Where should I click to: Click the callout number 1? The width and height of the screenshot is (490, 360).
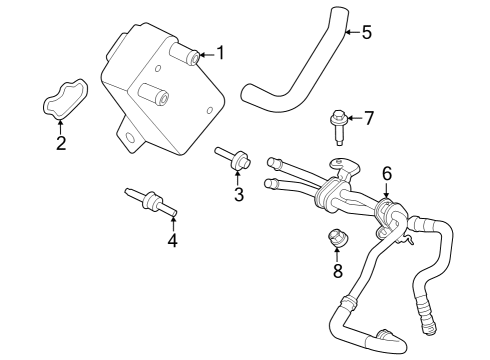pos(221,53)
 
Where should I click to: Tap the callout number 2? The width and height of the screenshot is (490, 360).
pos(60,144)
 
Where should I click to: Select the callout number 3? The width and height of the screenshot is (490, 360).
pos(239,194)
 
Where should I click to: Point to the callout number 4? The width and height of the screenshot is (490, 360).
pos(173,240)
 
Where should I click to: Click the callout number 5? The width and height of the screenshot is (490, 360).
pos(366,32)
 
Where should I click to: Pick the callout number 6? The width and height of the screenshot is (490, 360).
pos(386,172)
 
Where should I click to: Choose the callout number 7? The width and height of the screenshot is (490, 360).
pos(368,119)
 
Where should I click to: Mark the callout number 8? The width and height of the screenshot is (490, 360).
pos(337,271)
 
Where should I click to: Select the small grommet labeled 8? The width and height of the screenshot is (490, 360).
pos(337,239)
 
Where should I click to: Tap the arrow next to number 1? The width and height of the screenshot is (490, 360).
pos(205,53)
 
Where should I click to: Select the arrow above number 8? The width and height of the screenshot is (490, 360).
pos(337,255)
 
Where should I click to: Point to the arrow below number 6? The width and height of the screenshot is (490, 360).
pos(386,190)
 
